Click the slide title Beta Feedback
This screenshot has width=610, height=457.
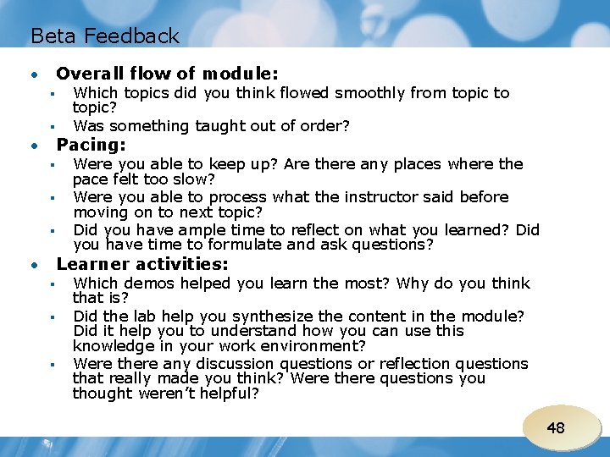click(105, 36)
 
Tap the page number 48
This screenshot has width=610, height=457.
click(556, 427)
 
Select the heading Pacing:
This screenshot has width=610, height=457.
click(91, 145)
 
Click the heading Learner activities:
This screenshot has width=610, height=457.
click(142, 264)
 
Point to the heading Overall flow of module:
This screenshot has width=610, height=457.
click(167, 74)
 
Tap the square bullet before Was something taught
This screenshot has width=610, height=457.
click(52, 127)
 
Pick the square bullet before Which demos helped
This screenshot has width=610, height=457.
click(52, 284)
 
